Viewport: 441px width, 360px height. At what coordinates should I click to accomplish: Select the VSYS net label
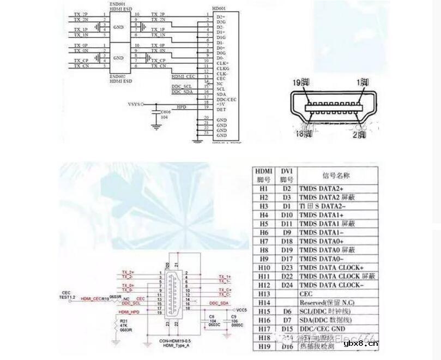134,103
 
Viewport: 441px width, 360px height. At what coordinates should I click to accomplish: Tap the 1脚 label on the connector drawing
363,82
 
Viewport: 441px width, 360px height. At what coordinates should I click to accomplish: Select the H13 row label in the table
264,294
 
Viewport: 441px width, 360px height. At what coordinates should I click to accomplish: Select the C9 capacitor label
233,316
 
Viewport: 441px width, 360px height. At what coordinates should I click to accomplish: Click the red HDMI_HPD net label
129,312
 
